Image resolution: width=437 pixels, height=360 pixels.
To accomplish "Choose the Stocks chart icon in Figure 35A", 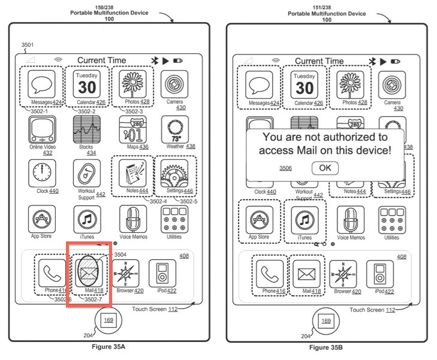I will pos(86,129).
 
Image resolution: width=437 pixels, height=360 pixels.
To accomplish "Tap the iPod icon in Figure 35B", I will pos(379,274).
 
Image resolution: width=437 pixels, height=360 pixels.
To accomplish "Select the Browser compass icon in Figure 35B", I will pos(343,274).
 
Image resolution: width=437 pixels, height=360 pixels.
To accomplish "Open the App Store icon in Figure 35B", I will pos(260,220).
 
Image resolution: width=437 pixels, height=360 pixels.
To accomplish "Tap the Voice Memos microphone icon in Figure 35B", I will pos(351,220).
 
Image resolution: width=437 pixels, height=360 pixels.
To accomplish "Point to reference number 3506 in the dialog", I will pos(285,168).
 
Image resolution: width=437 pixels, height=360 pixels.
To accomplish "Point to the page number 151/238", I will pos(327,7).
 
